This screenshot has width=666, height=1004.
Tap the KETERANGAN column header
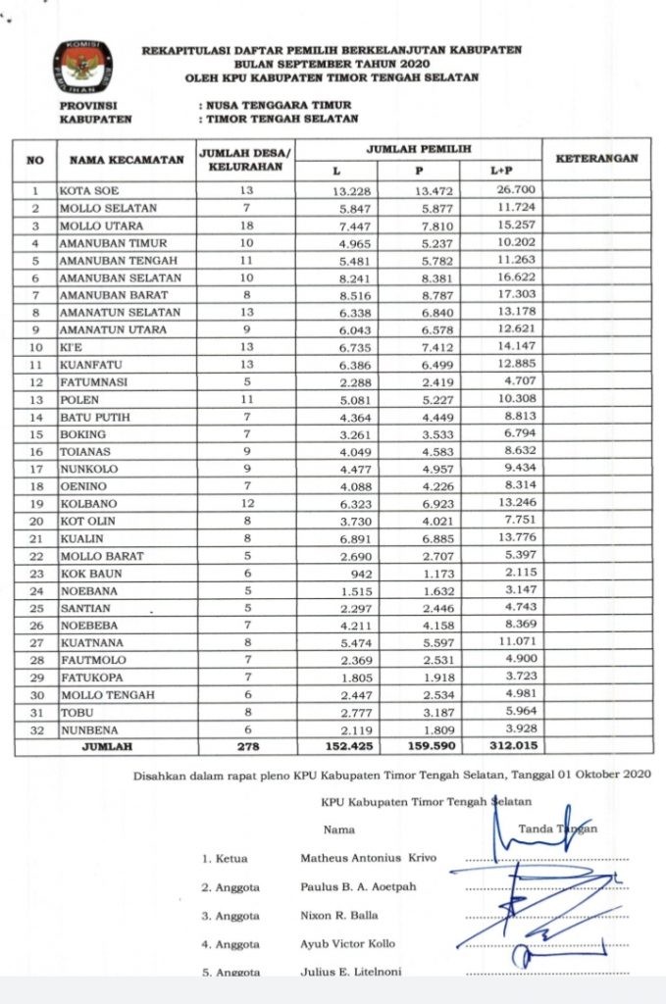[595, 158]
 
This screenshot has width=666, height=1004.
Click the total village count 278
[245, 747]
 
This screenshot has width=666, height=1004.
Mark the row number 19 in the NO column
[35, 503]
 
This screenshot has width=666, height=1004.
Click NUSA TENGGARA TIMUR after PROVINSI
[278, 105]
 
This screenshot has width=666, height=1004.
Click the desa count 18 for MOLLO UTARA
[245, 225]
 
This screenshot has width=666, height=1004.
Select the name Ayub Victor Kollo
[348, 944]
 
